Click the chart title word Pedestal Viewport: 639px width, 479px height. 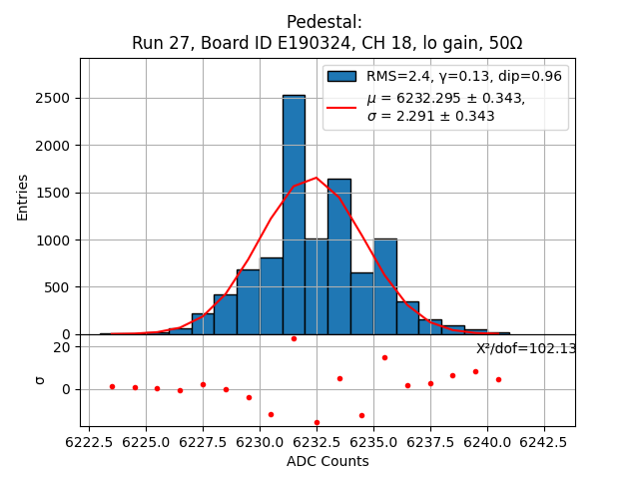click(323, 22)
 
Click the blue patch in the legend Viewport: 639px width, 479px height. click(341, 76)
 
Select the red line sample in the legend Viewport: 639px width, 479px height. click(341, 106)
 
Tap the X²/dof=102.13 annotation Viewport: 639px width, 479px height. click(526, 349)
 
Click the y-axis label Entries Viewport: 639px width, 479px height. click(23, 197)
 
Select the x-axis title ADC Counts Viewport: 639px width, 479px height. click(327, 461)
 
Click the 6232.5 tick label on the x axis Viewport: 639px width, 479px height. click(317, 440)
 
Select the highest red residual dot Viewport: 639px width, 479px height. click(294, 338)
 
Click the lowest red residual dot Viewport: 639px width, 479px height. click(317, 422)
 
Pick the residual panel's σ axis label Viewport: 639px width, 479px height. click(40, 379)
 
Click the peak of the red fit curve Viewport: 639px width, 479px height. click(317, 178)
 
